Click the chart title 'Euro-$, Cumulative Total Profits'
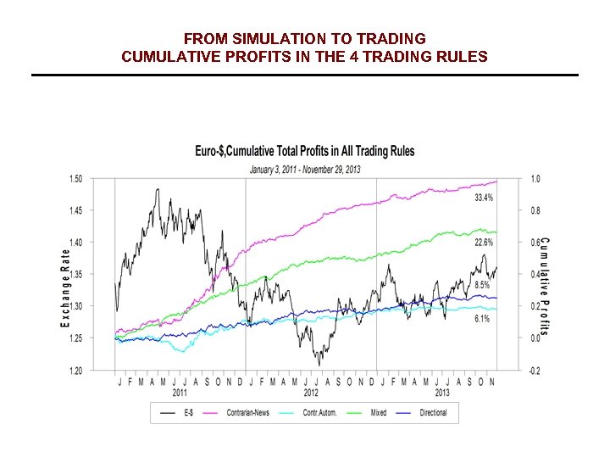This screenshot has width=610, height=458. click(305, 151)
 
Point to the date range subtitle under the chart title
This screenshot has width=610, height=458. click(305, 169)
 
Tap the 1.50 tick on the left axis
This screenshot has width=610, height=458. click(75, 179)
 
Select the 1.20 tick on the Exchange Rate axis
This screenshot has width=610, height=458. click(75, 371)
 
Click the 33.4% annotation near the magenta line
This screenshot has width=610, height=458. click(484, 198)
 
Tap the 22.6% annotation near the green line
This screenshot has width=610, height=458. click(484, 243)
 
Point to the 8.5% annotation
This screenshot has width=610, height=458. click(481, 286)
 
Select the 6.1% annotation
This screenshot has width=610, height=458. click(481, 319)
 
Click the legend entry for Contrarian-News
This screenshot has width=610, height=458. click(247, 413)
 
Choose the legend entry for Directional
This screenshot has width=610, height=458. click(433, 413)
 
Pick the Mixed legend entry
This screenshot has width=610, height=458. click(379, 413)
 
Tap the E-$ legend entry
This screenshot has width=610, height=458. click(188, 413)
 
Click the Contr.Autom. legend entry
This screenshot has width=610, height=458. click(319, 413)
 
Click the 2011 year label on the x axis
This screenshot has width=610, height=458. click(180, 393)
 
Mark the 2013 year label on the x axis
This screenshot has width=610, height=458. click(442, 393)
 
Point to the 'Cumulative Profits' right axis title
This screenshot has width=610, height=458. click(544, 285)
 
